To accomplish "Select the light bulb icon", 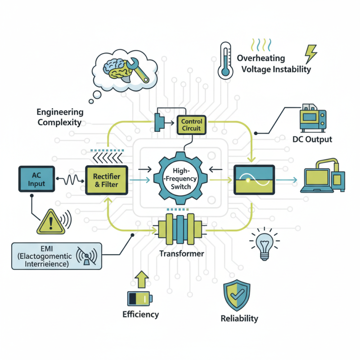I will pos(264,243).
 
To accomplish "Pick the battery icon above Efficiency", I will pos(139,298).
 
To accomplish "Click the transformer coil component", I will pos(181,229).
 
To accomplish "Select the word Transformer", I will pos(181,253).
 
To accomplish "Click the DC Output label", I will pos(312,139).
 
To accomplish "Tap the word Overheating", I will pos(261,58).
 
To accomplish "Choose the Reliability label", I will pos(239,319).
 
